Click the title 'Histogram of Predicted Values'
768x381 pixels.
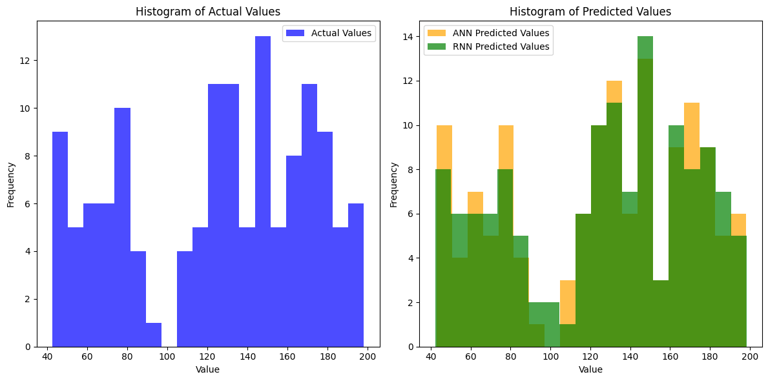coord(590,12)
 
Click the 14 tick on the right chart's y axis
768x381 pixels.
coord(409,37)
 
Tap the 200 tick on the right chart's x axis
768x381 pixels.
coord(750,357)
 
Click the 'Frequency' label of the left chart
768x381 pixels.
coord(10,184)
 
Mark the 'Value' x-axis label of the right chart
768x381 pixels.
coord(590,370)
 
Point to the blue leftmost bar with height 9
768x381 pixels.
coord(60,239)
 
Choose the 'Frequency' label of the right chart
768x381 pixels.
coord(393,184)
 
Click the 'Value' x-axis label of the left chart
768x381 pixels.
coord(208,370)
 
